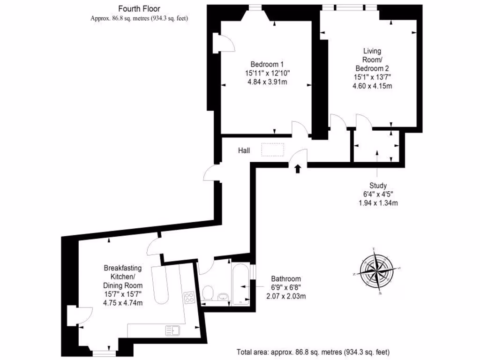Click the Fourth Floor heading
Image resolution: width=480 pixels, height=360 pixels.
[x=139, y=9]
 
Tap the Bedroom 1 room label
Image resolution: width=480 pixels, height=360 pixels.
[x=267, y=64]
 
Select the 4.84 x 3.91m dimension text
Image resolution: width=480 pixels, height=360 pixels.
[x=267, y=82]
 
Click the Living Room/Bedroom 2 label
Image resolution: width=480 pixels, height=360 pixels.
[x=372, y=60]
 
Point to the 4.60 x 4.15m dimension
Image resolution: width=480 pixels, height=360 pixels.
[x=372, y=86]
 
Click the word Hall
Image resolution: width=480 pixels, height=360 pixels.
[x=244, y=150]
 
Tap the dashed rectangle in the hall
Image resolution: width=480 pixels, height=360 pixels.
[x=273, y=149]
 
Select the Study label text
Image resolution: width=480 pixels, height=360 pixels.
[x=378, y=186]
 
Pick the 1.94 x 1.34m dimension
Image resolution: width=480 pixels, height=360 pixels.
[x=378, y=203]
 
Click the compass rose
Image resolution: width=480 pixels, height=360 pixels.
[x=377, y=270]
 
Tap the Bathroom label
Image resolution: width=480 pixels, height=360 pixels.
[x=286, y=279]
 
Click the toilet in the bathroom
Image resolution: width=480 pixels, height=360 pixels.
[x=209, y=293]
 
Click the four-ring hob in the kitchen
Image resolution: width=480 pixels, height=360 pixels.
[x=190, y=298]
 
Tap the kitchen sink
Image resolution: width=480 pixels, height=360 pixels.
[x=172, y=330]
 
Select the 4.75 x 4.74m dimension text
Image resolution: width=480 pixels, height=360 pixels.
[x=123, y=303]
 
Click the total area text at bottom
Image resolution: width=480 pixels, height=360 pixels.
[x=313, y=352]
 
